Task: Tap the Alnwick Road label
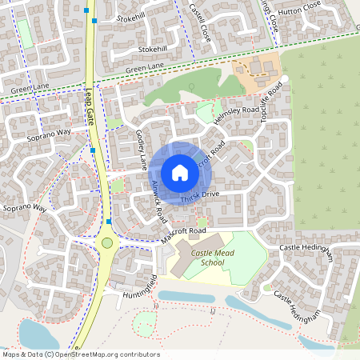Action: tap(157, 200)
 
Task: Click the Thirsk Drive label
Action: tap(199, 195)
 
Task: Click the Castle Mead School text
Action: tap(198, 258)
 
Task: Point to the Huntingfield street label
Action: tap(142, 286)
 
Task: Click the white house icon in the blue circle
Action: tap(179, 172)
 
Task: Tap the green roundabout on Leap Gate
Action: tap(107, 242)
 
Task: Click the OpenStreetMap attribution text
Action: tap(81, 354)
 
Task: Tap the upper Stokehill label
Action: tap(131, 16)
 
